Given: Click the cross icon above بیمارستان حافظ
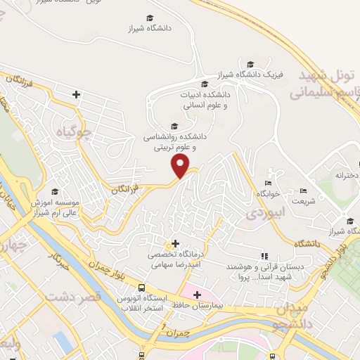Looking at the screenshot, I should coord(197,295).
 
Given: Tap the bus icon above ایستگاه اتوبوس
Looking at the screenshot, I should coord(141,288).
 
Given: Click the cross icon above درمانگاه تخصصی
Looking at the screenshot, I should coord(175,243).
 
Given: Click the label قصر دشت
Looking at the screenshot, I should coord(73,297).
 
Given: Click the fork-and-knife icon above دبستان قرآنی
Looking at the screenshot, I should coord(264,255).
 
